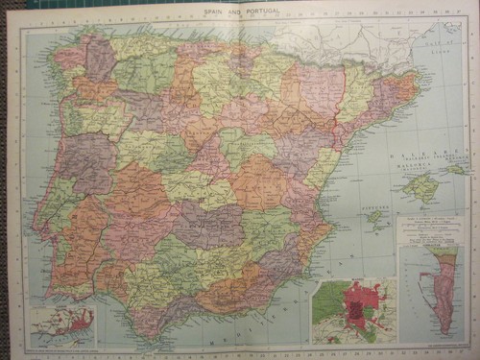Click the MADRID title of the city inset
pos(351,284)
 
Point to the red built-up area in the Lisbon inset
pos(81,322)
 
